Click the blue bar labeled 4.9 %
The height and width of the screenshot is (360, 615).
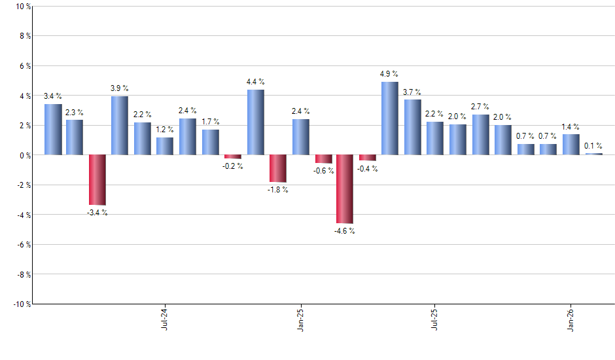coord(390,118)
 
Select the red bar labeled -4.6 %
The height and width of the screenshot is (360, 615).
coord(345,189)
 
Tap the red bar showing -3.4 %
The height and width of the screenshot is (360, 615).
coord(97,180)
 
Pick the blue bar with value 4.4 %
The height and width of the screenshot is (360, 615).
coord(256,122)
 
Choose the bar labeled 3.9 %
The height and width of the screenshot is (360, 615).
coord(120,126)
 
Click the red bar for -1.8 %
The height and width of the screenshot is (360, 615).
coord(278,168)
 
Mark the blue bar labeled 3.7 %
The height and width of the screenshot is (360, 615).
coord(412,127)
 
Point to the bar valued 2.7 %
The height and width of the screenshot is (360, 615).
coord(480,135)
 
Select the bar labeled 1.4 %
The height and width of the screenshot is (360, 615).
coord(571,145)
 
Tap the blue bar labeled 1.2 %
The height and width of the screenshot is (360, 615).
coord(165,146)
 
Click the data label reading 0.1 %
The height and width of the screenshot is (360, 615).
coord(593,146)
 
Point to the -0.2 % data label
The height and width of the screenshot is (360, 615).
coord(233,166)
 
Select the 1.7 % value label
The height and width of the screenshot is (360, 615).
coord(210,122)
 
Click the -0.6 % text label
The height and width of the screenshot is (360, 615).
coord(323,171)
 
